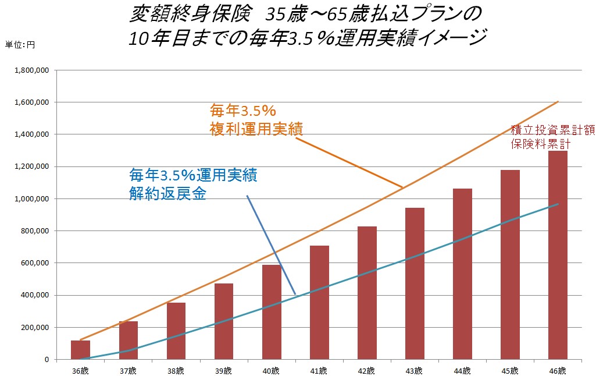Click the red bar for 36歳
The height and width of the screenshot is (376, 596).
pos(80,350)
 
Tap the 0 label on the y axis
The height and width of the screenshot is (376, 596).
pos(47,360)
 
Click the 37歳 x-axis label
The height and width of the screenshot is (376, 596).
pos(128,371)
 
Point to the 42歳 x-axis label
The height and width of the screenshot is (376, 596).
pos(367,371)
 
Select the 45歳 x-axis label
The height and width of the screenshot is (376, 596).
pos(510,371)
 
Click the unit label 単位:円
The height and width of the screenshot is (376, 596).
pos(20,45)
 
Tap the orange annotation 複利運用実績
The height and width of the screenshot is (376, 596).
pos(256,129)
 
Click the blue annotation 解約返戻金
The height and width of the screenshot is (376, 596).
pos(167,194)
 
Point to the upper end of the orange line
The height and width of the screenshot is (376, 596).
pos(558,102)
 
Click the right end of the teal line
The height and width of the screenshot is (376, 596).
pos(558,204)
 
